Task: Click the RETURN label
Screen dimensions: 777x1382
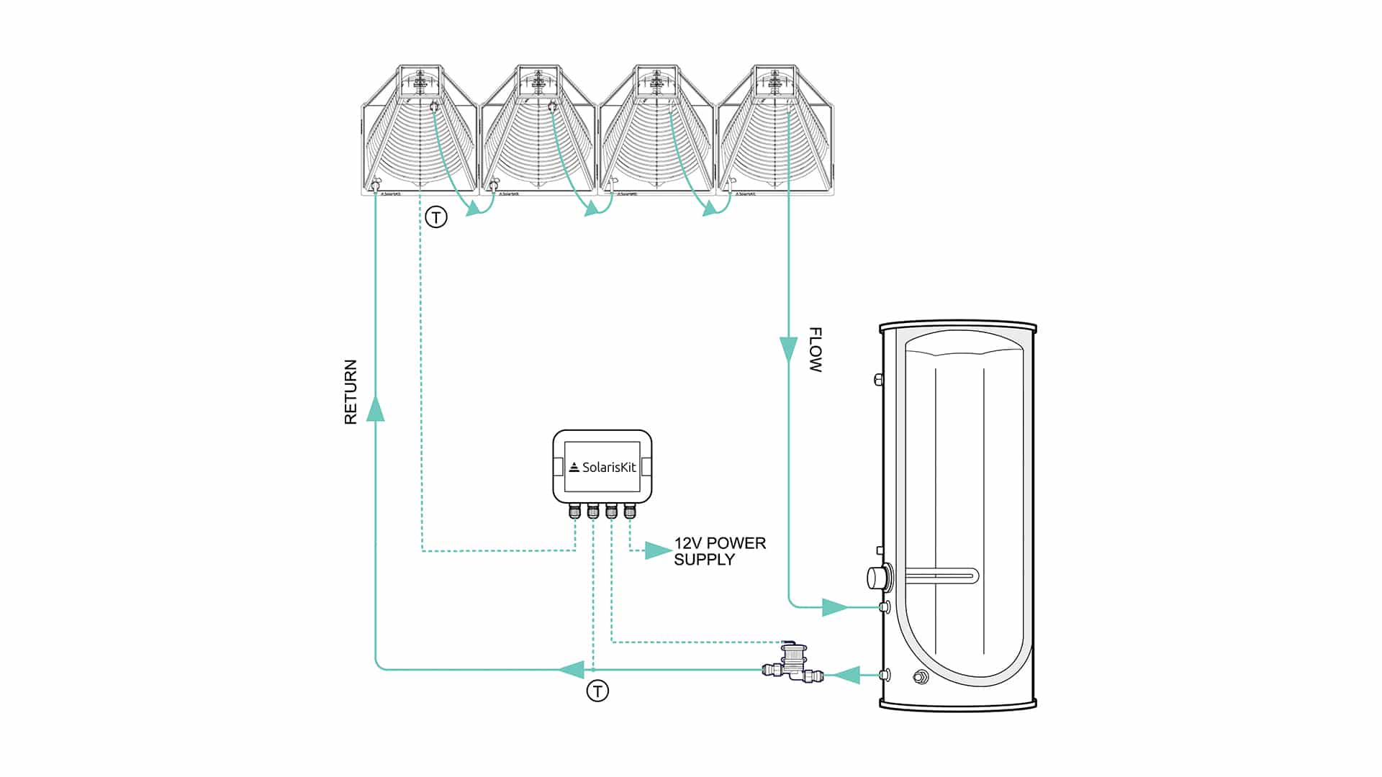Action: pos(351,392)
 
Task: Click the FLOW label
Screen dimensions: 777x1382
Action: pos(815,350)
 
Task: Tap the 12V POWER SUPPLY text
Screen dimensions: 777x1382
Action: pos(719,551)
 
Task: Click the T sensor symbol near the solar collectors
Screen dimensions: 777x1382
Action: pos(436,217)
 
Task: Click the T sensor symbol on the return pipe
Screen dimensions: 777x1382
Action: pos(597,691)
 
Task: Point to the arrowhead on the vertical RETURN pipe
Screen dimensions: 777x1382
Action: pos(375,408)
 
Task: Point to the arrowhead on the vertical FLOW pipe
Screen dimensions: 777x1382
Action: pos(789,349)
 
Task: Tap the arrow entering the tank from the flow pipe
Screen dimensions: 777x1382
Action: pos(835,606)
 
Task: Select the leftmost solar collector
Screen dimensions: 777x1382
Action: pos(420,131)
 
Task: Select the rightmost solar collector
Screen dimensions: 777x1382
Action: pos(775,131)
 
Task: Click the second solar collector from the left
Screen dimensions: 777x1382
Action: pos(538,131)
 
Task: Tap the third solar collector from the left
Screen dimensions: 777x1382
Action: pos(656,131)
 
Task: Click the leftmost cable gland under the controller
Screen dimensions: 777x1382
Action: pos(574,512)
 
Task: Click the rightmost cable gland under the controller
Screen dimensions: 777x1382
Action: pos(630,512)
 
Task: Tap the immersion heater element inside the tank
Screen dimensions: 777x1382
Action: pos(939,576)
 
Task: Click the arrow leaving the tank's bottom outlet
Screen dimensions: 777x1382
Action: pos(847,675)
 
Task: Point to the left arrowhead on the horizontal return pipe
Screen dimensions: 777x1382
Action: pos(572,670)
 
